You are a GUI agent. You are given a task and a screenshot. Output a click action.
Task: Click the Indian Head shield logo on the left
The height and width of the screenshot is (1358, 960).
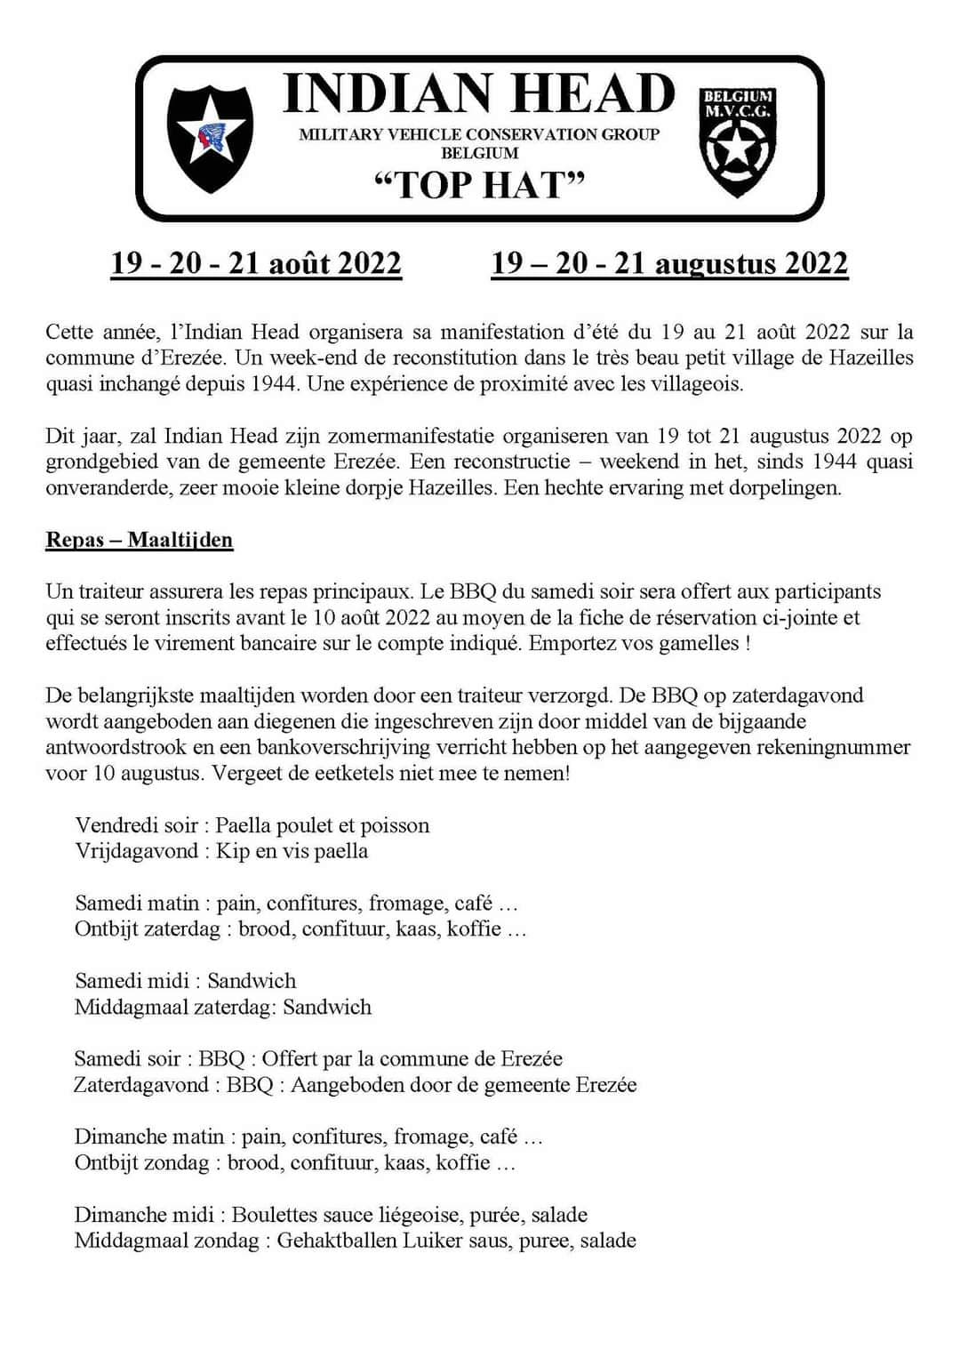click(x=210, y=138)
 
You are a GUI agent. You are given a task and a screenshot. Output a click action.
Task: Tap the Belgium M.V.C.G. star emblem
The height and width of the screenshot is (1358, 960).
click(x=737, y=142)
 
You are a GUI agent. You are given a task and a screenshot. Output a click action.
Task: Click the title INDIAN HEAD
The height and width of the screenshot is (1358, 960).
click(x=479, y=93)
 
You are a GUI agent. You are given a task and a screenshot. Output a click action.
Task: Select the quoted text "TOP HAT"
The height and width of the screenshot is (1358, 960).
click(x=480, y=185)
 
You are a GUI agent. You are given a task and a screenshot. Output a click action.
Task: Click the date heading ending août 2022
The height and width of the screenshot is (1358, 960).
click(x=256, y=263)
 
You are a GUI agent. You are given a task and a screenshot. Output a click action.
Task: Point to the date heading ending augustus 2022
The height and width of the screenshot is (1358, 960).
click(x=669, y=263)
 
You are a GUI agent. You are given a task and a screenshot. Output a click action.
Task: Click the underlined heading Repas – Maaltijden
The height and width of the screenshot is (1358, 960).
click(x=140, y=540)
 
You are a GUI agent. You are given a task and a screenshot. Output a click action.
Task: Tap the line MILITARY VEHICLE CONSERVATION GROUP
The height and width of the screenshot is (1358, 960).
click(x=479, y=134)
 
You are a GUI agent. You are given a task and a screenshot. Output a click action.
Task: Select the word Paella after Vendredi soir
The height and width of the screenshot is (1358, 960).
click(x=244, y=825)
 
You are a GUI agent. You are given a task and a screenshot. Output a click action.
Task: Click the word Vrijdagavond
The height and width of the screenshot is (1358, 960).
click(x=136, y=851)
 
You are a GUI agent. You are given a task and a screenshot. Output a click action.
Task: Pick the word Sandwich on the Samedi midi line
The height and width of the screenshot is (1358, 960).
click(x=252, y=981)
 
